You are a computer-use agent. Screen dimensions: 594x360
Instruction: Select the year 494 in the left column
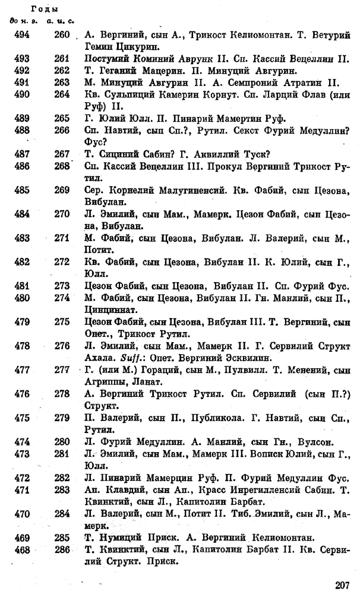[21, 36]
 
